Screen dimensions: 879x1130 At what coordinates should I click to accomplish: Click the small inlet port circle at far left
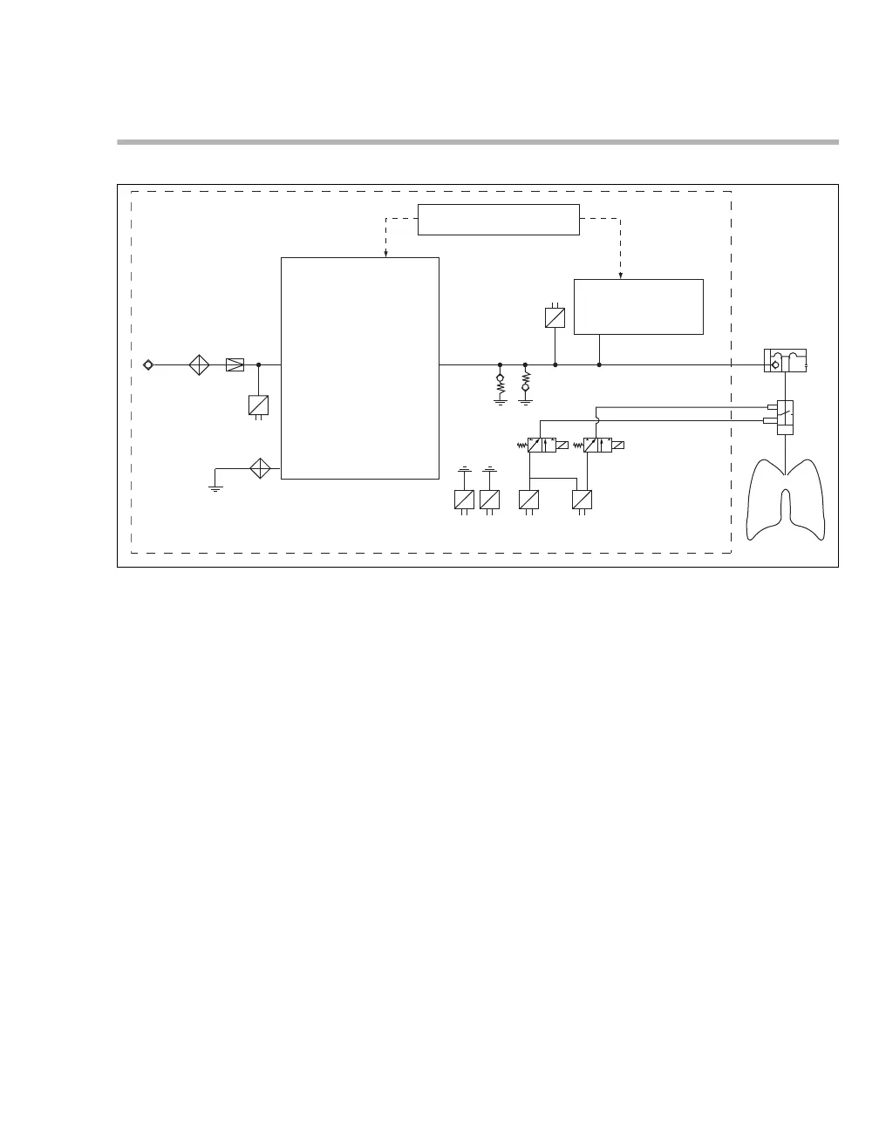point(148,364)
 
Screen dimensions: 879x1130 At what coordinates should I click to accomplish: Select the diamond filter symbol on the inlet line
point(200,364)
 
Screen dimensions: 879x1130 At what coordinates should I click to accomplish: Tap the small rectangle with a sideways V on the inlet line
point(235,364)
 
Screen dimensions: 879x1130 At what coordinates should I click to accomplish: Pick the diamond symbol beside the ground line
point(260,468)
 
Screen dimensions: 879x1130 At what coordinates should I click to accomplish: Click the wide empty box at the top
point(498,219)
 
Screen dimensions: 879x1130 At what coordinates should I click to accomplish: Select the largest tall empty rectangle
point(359,367)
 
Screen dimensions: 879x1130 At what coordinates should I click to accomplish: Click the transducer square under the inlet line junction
point(258,405)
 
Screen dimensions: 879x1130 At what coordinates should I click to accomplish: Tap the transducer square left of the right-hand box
point(555,317)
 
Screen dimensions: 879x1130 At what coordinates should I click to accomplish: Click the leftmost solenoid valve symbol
point(542,445)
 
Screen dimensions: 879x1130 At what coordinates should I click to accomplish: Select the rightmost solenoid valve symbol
point(598,445)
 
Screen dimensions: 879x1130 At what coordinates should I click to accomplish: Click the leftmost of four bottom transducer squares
point(464,500)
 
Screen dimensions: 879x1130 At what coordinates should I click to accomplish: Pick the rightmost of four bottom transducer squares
point(582,500)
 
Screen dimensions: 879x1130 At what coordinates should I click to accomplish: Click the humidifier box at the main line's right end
point(785,360)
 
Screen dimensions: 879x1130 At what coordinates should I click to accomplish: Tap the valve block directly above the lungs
point(786,417)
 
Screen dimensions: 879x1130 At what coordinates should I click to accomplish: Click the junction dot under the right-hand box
point(599,364)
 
